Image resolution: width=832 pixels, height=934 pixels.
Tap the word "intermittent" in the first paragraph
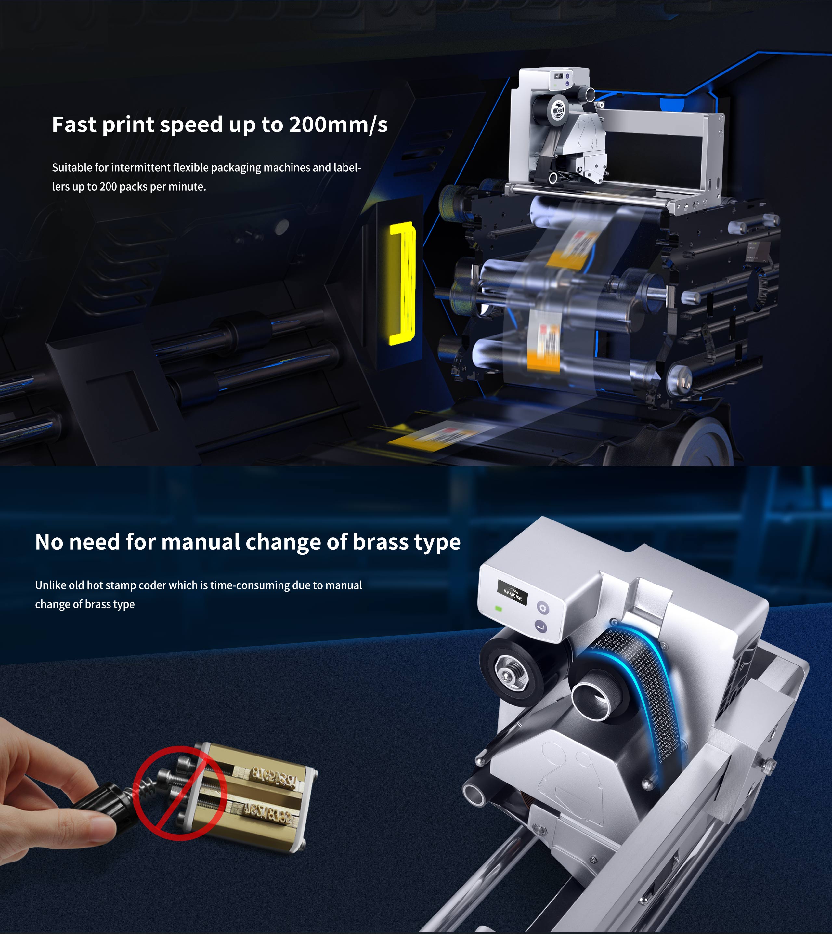pos(141,168)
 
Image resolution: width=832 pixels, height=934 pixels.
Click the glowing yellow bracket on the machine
pos(402,283)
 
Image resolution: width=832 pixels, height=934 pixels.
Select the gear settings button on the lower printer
pos(543,608)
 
